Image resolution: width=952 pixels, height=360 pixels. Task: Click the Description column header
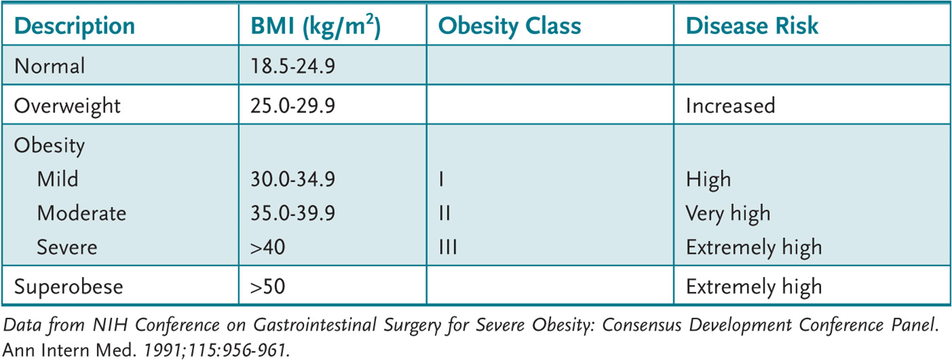[x=74, y=26]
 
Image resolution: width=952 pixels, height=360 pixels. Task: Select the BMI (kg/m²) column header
[x=315, y=26]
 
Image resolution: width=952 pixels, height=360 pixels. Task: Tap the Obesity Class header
[x=509, y=26]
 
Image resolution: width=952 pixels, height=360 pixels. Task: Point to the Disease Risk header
[x=752, y=26]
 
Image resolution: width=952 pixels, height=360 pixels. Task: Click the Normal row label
[x=49, y=66]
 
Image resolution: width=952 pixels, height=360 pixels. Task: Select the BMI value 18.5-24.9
[x=293, y=66]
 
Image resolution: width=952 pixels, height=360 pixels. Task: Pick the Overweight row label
[x=67, y=106]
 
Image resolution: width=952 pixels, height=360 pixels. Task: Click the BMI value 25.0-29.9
[x=293, y=105]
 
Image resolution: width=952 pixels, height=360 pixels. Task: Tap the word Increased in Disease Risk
[x=730, y=105]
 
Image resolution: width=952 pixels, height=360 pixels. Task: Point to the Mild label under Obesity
[x=58, y=179]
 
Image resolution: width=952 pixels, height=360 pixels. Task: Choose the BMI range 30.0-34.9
[x=293, y=179]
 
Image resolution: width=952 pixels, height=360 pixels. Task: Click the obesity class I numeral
[x=441, y=179]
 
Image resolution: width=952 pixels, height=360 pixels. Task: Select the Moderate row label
[x=81, y=213]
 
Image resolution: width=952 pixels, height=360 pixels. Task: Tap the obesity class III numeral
[x=448, y=248]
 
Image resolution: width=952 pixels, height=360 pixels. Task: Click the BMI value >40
[x=268, y=248]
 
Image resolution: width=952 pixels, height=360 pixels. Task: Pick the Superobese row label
[x=68, y=287]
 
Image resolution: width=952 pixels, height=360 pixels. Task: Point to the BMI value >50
[x=268, y=287]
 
